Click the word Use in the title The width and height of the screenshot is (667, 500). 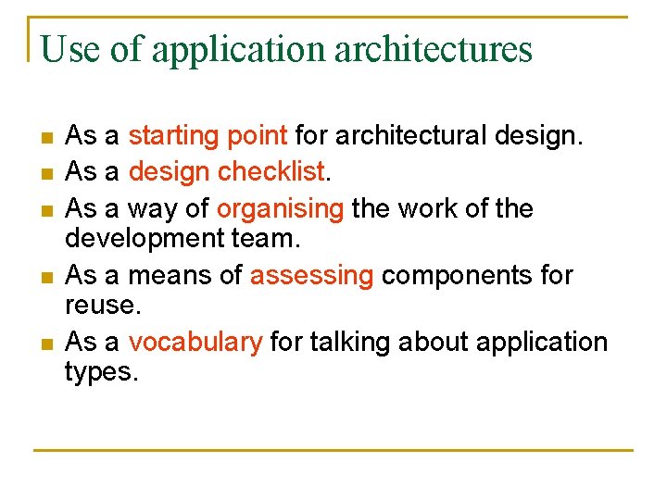pos(70,49)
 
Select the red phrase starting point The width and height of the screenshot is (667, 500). pos(208,136)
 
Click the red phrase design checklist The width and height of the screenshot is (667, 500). pos(226,171)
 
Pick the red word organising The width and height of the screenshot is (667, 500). pos(280,208)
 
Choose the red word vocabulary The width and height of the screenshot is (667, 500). pos(195,342)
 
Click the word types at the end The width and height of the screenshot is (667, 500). pos(98,372)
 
